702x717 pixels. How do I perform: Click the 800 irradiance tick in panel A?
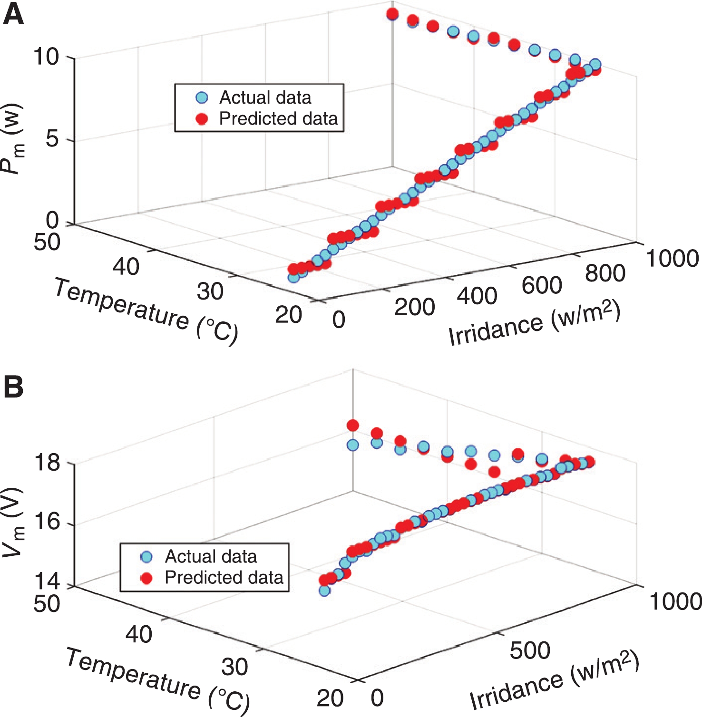pyautogui.click(x=605, y=273)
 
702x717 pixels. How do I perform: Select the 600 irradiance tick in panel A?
pyautogui.click(x=542, y=285)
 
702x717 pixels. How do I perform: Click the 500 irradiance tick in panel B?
pyautogui.click(x=530, y=650)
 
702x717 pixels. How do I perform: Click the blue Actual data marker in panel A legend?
pyautogui.click(x=202, y=98)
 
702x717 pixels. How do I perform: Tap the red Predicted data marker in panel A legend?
pyautogui.click(x=202, y=119)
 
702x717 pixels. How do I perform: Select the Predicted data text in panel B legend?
pyautogui.click(x=224, y=578)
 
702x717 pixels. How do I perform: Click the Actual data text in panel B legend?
pyautogui.click(x=211, y=556)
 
